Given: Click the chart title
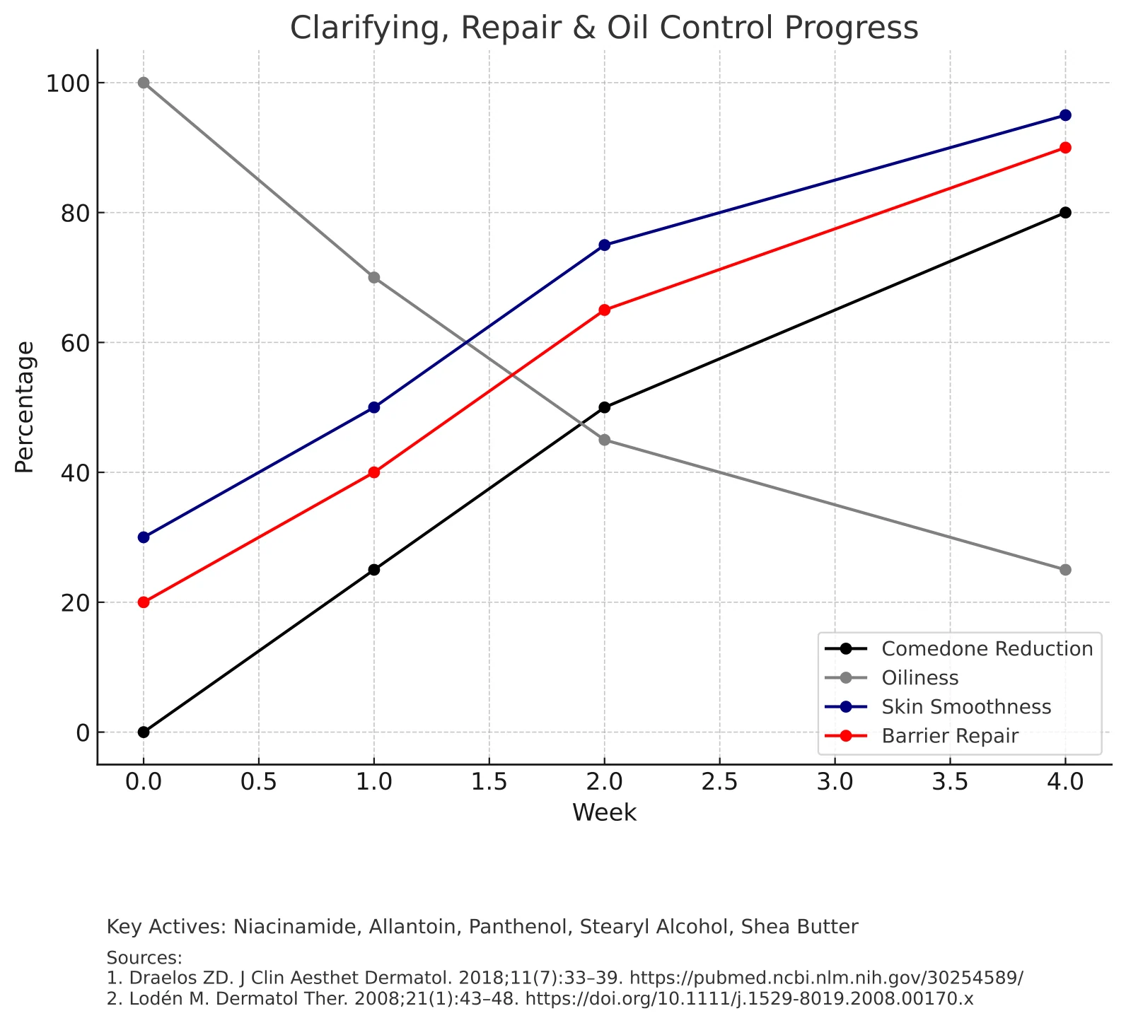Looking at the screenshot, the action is [604, 28].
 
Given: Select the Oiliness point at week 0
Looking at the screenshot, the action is [144, 83].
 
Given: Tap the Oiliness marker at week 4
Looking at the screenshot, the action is [1065, 570].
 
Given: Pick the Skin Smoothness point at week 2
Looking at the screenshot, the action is [604, 245].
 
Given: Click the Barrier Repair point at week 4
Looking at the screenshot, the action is [1065, 148].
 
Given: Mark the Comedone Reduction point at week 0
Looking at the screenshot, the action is [144, 732].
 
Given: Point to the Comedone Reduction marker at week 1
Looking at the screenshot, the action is [374, 570].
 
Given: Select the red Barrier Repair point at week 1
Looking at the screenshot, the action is [374, 472].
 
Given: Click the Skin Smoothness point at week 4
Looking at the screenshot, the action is [1065, 115].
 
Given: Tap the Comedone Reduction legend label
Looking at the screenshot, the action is [987, 649].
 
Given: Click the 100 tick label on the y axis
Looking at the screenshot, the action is [68, 83].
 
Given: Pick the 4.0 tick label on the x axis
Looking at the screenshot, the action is [1065, 783].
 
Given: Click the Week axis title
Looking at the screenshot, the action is [604, 813].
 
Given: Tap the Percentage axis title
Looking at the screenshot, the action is [25, 407].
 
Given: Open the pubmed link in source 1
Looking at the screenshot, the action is [826, 978].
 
